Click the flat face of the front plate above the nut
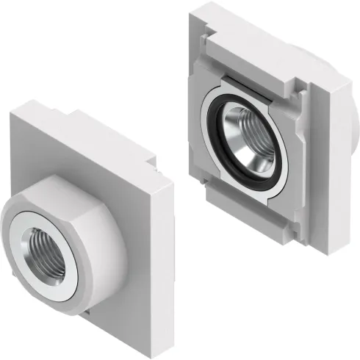(x=81, y=158)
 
